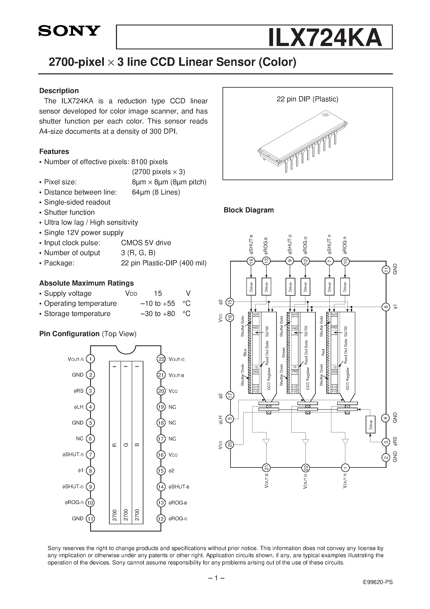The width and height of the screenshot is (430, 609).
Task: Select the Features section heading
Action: click(x=54, y=151)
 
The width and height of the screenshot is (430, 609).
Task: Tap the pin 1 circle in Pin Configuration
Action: click(x=90, y=359)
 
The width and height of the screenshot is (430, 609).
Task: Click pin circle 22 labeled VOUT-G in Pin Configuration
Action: click(x=161, y=359)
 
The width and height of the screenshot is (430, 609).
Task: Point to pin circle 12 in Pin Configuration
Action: click(x=161, y=519)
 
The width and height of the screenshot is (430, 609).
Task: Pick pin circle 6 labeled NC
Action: click(x=90, y=439)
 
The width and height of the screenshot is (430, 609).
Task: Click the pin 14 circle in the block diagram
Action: click(x=251, y=261)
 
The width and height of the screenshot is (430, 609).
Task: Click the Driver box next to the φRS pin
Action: click(x=371, y=424)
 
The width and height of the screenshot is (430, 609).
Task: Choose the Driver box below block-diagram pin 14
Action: click(x=251, y=286)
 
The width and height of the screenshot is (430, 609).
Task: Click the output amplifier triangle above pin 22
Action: click(x=306, y=442)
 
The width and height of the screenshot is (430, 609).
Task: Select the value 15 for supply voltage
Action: click(x=158, y=293)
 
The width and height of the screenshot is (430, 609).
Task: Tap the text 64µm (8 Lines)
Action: click(x=156, y=192)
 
